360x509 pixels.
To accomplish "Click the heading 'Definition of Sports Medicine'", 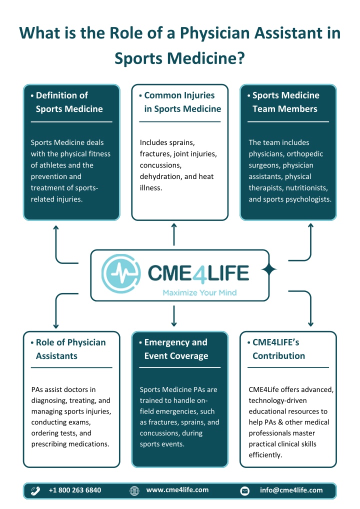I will [69, 102].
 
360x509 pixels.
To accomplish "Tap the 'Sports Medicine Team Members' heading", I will [285, 102].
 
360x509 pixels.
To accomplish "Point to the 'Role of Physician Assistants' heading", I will [70, 349].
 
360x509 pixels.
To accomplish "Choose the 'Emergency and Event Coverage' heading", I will [176, 349].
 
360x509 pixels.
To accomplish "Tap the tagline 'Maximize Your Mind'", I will [199, 292].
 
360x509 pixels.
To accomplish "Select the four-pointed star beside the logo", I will [269, 269].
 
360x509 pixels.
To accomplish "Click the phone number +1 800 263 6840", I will [75, 490].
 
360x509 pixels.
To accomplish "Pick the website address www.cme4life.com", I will [177, 490].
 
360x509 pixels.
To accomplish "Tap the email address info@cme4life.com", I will [291, 490].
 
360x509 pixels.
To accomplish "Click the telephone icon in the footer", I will [36, 490].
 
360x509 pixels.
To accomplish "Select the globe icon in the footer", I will [134, 490].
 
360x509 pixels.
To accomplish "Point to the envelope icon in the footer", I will [245, 490].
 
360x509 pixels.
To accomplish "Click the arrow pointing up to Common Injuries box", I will [174, 234].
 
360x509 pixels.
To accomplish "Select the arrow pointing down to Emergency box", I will [174, 315].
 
